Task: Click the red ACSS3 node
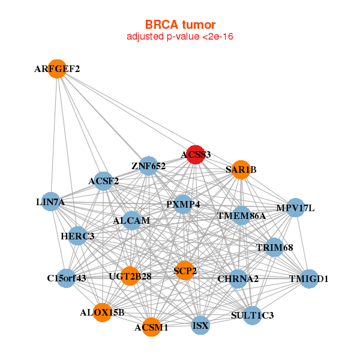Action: (196, 155)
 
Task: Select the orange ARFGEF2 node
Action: (57, 69)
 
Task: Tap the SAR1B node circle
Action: (241, 170)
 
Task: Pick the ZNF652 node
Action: (149, 166)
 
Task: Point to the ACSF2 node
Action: (104, 181)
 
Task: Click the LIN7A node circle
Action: (51, 202)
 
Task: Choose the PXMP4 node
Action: (183, 204)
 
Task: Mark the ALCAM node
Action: (131, 221)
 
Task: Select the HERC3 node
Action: (78, 236)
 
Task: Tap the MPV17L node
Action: (295, 208)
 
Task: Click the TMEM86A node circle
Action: (241, 215)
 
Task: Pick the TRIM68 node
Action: (274, 247)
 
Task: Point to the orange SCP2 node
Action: (185, 271)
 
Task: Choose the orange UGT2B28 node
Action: (130, 276)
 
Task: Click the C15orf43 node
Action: (66, 278)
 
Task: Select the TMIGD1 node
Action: (309, 279)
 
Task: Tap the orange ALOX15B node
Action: (103, 313)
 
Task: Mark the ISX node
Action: (200, 325)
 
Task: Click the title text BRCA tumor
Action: (181, 25)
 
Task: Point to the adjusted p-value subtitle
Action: (180, 37)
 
